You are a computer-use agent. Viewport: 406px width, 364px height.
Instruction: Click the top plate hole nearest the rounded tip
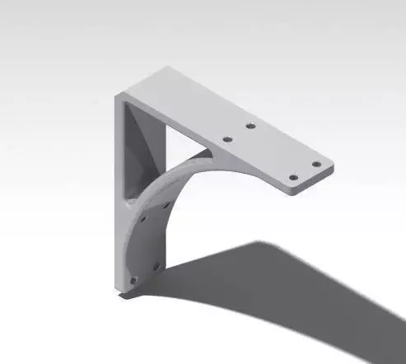pos(315,164)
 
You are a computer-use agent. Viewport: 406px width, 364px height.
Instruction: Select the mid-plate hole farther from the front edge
pos(250,126)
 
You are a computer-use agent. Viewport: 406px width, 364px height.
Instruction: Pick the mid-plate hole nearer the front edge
pos(228,139)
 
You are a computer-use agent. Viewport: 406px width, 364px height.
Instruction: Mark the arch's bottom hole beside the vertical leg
pos(133,280)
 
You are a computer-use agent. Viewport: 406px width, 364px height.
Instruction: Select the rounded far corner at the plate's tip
pos(331,165)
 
